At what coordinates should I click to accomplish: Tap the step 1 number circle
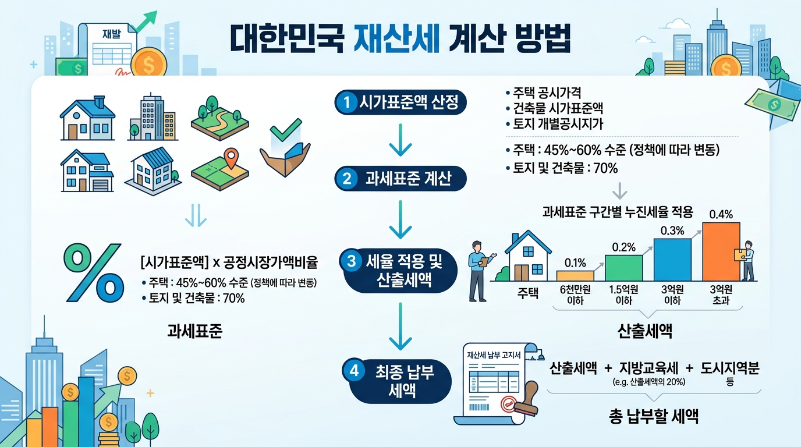(346, 104)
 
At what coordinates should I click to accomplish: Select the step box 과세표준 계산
(400, 178)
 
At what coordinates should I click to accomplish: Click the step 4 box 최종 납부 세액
(400, 381)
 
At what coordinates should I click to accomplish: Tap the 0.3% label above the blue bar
(672, 230)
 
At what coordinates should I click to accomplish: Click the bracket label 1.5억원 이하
(624, 295)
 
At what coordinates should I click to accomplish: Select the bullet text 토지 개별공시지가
(558, 123)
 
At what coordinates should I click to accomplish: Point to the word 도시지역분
(730, 368)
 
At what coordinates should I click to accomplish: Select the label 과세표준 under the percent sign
(194, 331)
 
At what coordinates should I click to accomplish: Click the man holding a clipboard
(478, 269)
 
